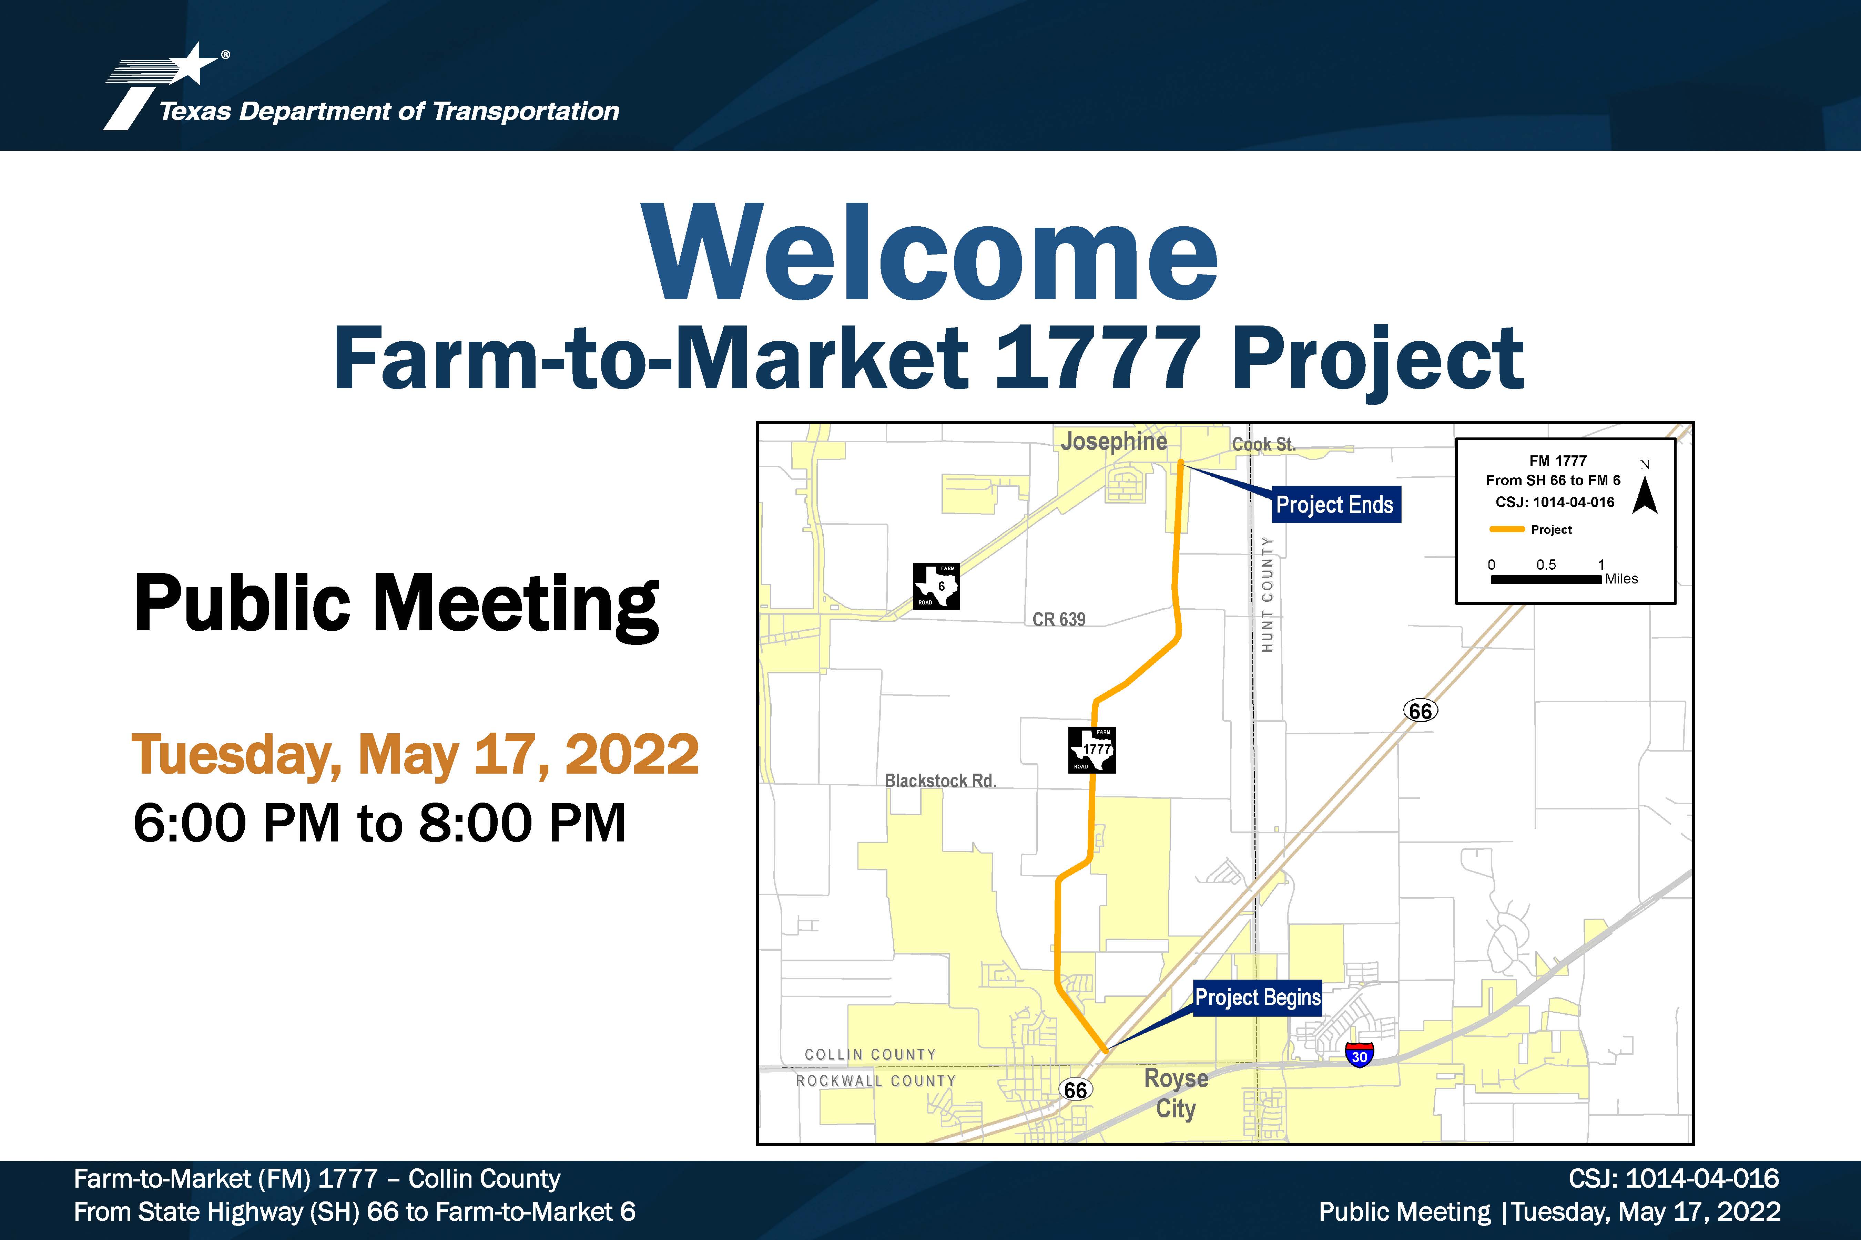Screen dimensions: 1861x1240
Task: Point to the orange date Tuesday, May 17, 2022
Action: point(415,755)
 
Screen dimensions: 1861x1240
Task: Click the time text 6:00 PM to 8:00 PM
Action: point(380,823)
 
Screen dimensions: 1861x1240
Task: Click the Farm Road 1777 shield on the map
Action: point(1092,750)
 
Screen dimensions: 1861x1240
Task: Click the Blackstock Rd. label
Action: point(940,781)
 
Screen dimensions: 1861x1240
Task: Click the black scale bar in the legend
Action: point(1546,580)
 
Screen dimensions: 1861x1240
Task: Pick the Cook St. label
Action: point(1264,444)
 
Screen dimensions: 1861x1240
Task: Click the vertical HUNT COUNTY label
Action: point(1267,595)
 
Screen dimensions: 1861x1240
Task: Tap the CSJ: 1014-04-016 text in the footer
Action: point(1674,1178)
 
